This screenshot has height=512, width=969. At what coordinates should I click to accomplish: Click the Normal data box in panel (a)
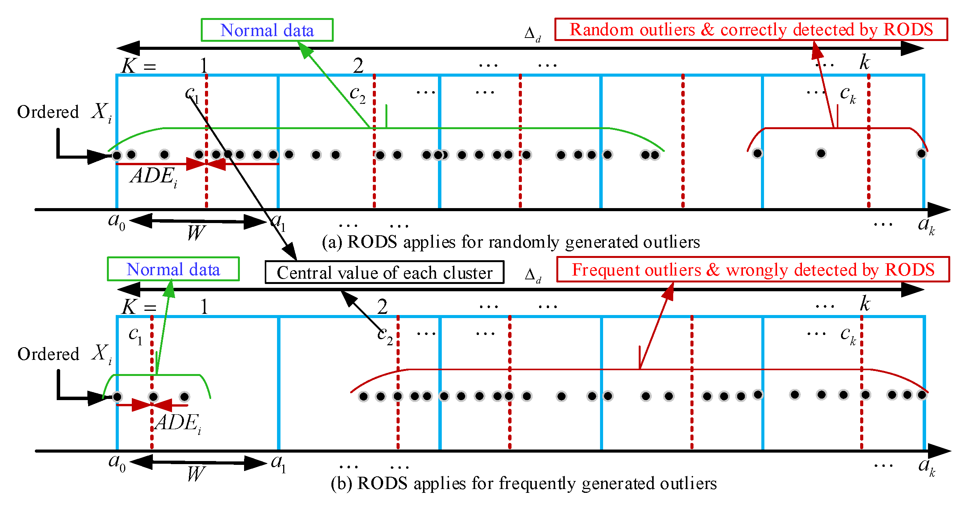pos(267,30)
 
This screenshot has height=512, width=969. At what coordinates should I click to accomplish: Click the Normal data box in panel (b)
pos(173,269)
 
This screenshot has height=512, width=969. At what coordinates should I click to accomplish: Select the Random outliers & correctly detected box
pos(751,30)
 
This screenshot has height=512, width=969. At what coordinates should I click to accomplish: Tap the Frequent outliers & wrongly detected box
pos(753,269)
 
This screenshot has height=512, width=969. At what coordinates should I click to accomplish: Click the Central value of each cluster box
pos(384,272)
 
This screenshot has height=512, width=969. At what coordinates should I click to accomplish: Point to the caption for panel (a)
pos(511,242)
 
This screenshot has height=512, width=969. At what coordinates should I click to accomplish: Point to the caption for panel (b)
pos(523,483)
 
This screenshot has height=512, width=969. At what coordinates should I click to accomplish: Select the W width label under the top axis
pos(196,232)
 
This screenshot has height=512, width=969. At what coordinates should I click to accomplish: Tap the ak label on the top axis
pos(926,225)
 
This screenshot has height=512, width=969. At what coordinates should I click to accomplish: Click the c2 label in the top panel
pos(357,94)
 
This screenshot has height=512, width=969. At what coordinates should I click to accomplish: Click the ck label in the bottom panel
pos(848,335)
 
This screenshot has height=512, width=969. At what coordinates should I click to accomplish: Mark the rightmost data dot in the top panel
pos(921,154)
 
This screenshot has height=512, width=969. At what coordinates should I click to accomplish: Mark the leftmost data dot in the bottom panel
pos(118,397)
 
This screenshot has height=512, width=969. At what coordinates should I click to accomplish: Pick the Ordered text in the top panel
pos(48,112)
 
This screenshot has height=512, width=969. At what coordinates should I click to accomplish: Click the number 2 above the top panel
pos(358,66)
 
